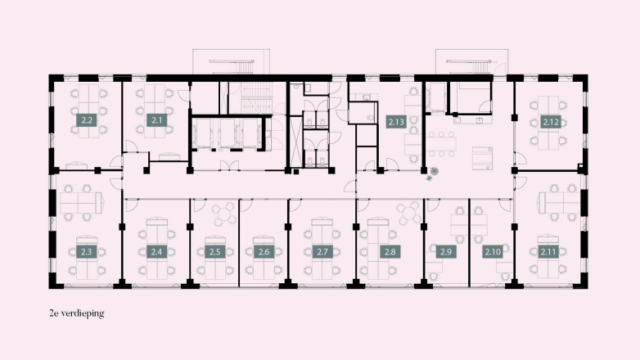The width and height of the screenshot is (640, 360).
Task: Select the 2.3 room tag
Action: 86,252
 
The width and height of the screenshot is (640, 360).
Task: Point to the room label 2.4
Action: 158,252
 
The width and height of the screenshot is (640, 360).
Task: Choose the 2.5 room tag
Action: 215,252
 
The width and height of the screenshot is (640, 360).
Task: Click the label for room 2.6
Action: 263,252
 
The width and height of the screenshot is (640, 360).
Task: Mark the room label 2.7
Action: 322,252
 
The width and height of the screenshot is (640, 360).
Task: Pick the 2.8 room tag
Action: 390,252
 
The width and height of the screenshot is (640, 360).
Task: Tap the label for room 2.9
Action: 446,252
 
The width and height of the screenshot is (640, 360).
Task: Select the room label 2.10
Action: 493,252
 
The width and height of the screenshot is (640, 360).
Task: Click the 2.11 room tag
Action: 549,252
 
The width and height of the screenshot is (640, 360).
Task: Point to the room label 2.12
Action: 551,122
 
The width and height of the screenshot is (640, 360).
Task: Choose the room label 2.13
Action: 396,122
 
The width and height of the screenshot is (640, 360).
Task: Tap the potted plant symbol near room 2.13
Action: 434,173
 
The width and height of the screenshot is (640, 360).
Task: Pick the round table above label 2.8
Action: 407,214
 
